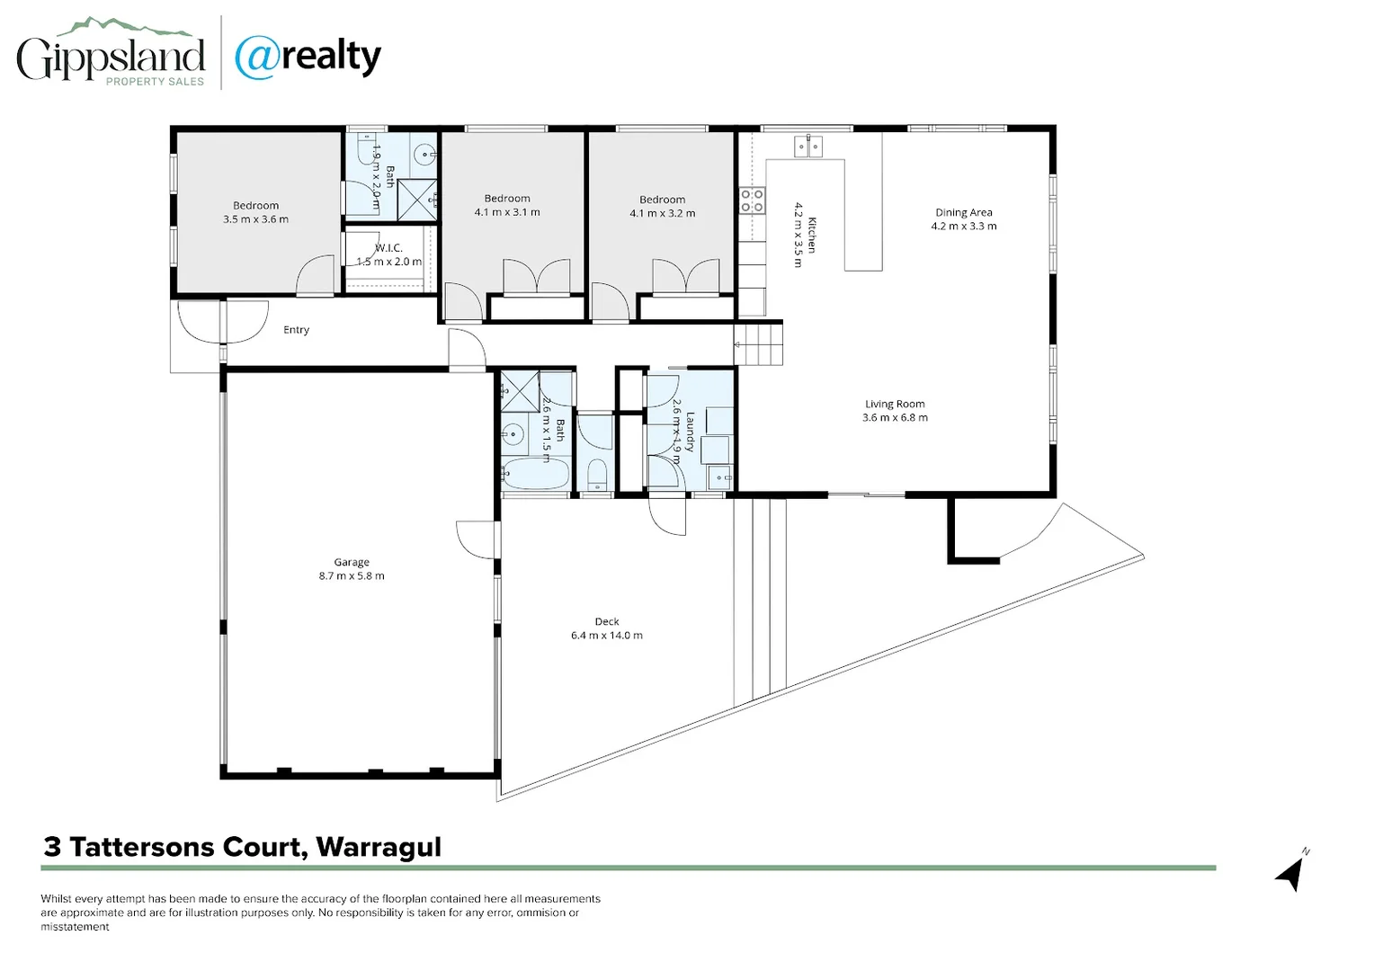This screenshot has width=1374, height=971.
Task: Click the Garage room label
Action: coord(352,562)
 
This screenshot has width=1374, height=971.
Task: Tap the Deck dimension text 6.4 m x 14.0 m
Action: coord(606,636)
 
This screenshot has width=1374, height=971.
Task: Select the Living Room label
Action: coord(895,405)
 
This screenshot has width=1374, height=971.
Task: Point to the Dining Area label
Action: coord(963,213)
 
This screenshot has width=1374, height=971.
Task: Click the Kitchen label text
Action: coord(811,235)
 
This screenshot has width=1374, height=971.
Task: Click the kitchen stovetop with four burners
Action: coord(752,200)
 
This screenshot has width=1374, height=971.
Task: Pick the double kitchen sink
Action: coord(807,146)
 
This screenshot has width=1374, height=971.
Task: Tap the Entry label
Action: coord(296,330)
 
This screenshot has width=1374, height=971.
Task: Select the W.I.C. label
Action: coord(388,248)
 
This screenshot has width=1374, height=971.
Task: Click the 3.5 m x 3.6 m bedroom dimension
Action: coord(255,219)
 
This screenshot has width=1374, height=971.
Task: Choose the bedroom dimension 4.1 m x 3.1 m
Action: coord(507,213)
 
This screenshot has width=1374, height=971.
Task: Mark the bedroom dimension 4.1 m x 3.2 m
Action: coord(662,214)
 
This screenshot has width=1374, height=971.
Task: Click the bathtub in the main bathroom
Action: coord(535,472)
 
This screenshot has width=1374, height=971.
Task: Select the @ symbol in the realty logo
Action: coord(254,58)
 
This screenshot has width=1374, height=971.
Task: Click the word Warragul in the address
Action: coord(379,847)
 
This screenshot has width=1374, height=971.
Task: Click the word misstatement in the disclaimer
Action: coord(75,927)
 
